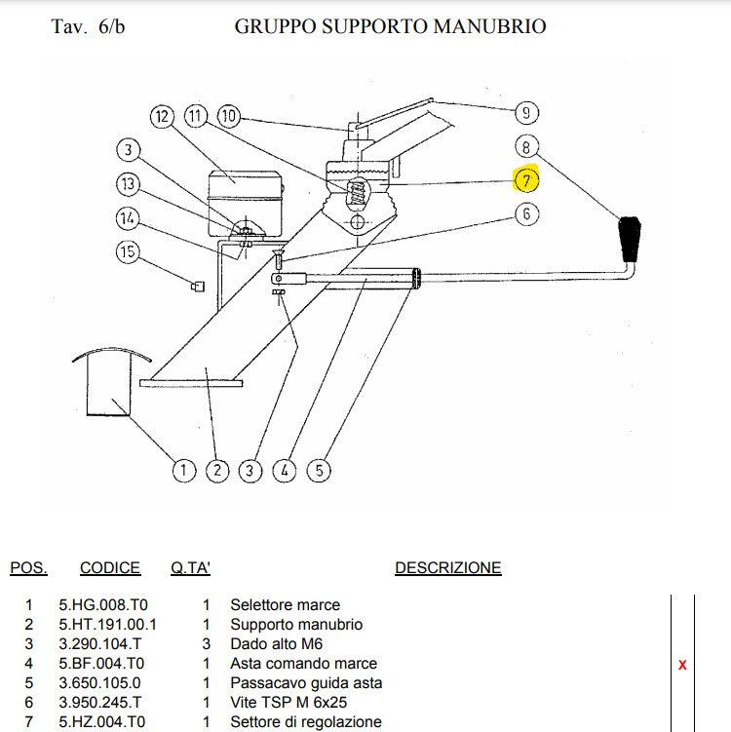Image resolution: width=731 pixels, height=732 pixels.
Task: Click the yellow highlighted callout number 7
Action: pos(526,180)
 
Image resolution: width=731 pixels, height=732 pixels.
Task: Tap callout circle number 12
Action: pos(162,117)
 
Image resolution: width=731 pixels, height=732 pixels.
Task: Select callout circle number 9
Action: pos(526,113)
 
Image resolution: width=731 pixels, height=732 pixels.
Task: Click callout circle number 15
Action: pos(129,252)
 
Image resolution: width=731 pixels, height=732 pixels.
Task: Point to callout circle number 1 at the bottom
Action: pos(183,471)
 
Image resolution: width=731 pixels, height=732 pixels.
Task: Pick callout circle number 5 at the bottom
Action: pos(319,471)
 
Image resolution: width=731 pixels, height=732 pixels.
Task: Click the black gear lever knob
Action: pos(631,239)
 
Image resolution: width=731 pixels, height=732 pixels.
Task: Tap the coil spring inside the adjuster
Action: pos(357,190)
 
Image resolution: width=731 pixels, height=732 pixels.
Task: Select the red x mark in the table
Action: pos(682,665)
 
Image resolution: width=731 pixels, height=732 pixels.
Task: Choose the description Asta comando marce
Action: pos(303,664)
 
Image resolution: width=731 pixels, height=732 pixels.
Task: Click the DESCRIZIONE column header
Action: pos(447,568)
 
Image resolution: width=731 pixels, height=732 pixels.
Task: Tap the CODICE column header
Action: pos(110,568)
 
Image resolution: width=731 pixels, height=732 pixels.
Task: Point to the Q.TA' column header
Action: pos(191,568)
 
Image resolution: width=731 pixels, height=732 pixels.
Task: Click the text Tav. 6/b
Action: pos(88,26)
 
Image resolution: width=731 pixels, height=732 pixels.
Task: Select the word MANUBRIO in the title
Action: pos(494,26)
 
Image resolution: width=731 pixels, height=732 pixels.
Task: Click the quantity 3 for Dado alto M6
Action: pos(206,644)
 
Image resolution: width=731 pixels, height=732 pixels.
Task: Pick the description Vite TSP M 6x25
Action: pos(289,703)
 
